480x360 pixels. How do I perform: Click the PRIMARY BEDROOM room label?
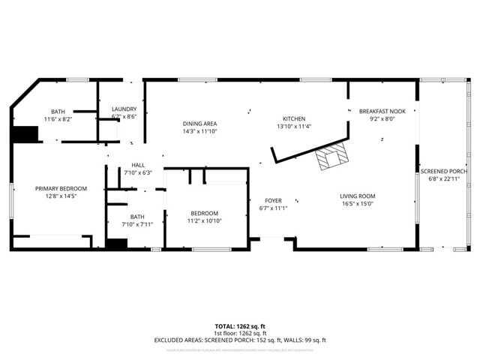point(61,188)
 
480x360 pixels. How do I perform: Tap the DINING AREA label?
point(200,124)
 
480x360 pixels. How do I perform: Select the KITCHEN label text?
point(293,119)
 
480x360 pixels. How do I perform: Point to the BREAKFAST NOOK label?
point(382,111)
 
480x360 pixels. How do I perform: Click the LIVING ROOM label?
point(358,196)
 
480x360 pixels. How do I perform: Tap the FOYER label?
point(273,200)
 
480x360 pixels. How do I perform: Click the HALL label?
point(138,165)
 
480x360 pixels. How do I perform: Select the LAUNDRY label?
point(124,109)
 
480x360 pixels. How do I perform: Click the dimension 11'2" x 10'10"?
point(205,221)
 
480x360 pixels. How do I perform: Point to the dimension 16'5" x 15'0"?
point(358,203)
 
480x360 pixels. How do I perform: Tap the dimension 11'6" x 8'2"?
point(57,118)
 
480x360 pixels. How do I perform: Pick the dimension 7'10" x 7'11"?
point(136,223)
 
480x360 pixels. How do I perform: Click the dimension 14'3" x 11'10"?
point(200,131)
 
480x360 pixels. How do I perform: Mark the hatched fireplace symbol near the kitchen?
point(331,157)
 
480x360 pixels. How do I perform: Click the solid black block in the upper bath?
point(24,133)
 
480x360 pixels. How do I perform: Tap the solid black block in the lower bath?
point(115,244)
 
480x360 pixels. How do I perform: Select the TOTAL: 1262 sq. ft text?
point(240,326)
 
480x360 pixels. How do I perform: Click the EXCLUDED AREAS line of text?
point(240,340)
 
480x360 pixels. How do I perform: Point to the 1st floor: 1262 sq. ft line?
point(240,333)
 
